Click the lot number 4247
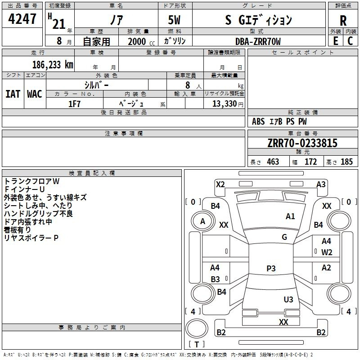(22, 19)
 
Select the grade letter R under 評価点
(343, 21)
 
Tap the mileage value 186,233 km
(53, 65)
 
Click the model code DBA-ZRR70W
(258, 41)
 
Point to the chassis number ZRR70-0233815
(302, 143)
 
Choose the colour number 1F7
(74, 104)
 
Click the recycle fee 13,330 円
(228, 104)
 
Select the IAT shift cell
(13, 94)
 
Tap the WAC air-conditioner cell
(35, 94)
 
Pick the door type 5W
(174, 20)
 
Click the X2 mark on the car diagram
(220, 184)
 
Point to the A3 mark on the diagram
(321, 184)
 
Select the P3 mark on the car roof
(271, 268)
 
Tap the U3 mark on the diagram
(288, 299)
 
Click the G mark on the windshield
(284, 237)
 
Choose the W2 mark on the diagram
(327, 252)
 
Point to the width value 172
(310, 162)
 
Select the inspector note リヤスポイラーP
(31, 238)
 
